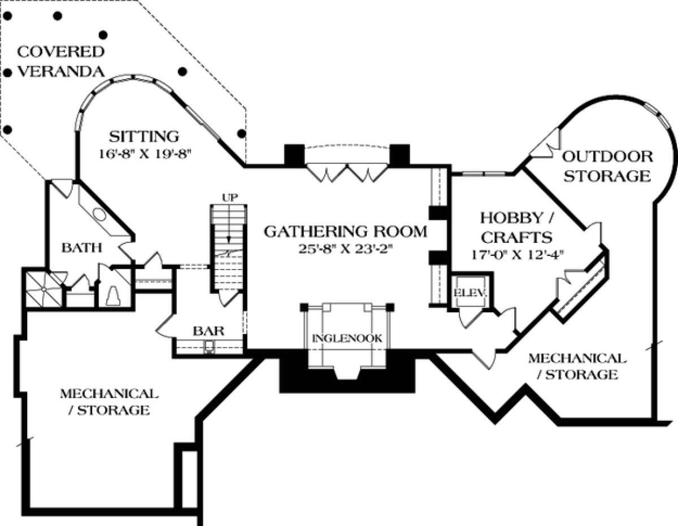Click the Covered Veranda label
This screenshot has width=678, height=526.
tap(60, 62)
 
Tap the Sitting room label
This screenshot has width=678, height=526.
tap(144, 136)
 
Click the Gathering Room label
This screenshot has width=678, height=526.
tap(345, 231)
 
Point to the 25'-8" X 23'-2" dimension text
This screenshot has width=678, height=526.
tap(345, 249)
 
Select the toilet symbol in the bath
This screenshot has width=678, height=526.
tap(112, 294)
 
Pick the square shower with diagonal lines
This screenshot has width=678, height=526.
tap(42, 289)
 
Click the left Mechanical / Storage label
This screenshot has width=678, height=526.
tap(106, 401)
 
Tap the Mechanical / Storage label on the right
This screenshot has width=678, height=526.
tap(576, 366)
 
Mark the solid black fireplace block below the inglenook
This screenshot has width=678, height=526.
tap(294, 376)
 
